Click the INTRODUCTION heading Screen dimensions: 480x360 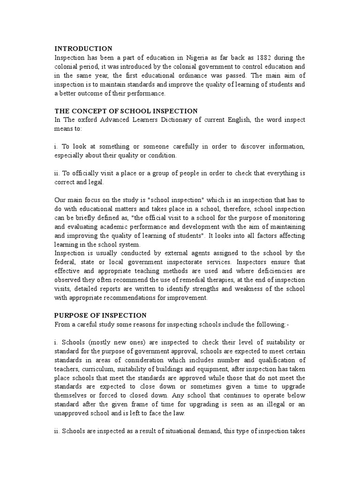point(83,49)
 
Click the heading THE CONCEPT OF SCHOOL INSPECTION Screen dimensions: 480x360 point(126,111)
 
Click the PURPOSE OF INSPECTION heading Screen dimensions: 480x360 point(100,315)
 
